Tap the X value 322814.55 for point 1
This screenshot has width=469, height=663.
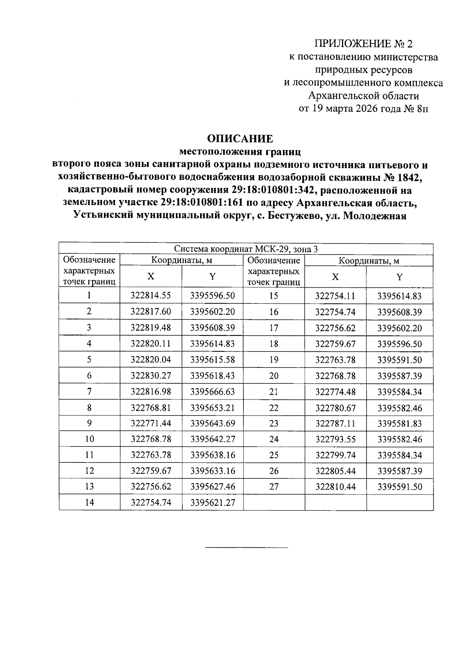pos(150,296)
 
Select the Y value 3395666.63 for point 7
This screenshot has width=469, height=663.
pos(213,392)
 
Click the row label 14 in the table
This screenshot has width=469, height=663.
pos(90,502)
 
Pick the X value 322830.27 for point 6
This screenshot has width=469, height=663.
pos(150,376)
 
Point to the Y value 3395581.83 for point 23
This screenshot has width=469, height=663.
pos(399,424)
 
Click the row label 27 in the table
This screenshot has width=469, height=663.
pos(274,487)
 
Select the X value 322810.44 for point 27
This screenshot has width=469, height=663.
pos(335,487)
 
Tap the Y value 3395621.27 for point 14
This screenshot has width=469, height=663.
pos(213,502)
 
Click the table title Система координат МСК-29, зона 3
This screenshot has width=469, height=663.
pos(246,249)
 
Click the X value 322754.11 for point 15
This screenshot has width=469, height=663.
pos(335,296)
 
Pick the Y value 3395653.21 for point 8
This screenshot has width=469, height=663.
pos(213,408)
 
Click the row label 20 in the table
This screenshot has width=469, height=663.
pos(274,376)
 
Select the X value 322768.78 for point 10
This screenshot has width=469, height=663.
pos(150,439)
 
